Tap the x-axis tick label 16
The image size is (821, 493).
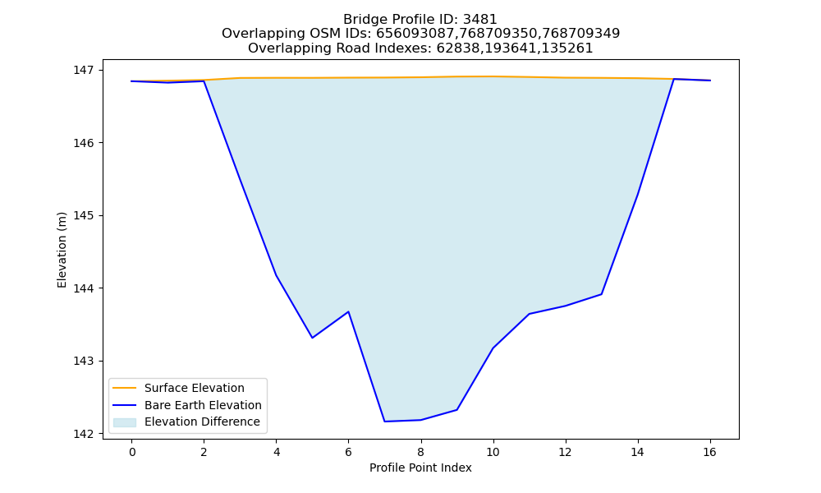[709, 452]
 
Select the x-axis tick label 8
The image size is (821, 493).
[420, 452]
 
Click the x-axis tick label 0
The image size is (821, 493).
[132, 452]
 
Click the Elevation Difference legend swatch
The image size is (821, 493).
[125, 422]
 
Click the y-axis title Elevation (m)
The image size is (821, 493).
[62, 250]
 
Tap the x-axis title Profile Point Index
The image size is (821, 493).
[420, 468]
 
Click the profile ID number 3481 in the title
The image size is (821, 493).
[479, 20]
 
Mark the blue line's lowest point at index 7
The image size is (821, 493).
[384, 422]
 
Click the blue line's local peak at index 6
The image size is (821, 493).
[348, 311]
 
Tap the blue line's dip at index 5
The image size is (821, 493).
[312, 338]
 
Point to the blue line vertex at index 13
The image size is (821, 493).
[601, 294]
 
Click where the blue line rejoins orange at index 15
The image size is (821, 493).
[673, 79]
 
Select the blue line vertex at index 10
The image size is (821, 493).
[493, 348]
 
